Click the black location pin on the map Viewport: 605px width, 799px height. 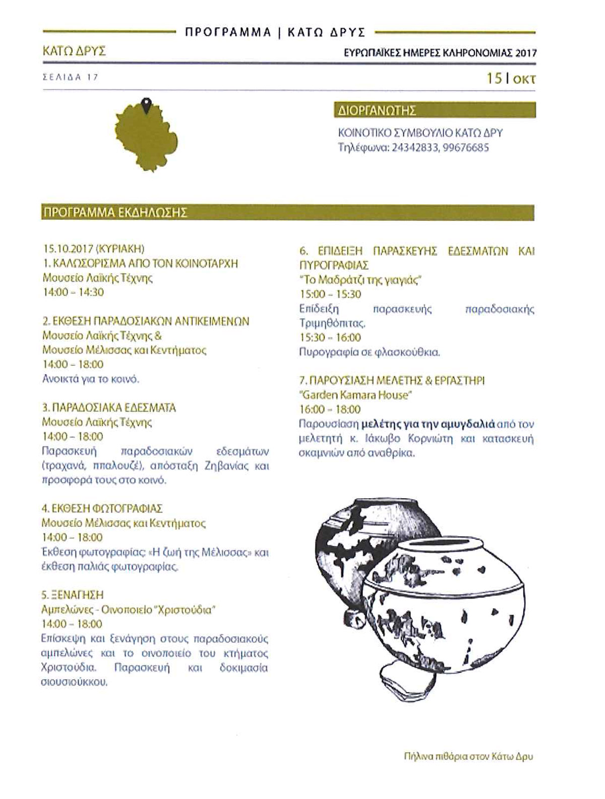(x=147, y=105)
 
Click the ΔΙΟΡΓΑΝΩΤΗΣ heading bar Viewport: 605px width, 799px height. (x=435, y=110)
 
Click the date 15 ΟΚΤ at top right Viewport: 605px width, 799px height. (x=510, y=79)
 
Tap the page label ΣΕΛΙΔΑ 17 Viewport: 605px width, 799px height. (x=70, y=77)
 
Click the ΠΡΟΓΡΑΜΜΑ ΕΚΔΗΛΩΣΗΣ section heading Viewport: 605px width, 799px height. (x=115, y=213)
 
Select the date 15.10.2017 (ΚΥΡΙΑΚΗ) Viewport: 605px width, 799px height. (x=94, y=248)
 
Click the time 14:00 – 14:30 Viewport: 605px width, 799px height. (x=73, y=292)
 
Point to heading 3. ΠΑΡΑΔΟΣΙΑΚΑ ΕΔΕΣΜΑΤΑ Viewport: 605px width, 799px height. (x=109, y=408)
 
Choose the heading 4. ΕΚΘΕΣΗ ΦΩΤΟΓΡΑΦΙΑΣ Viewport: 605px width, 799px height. (x=102, y=508)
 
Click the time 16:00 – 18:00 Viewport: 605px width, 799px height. (x=330, y=410)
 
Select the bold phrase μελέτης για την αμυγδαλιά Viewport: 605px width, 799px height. (x=429, y=424)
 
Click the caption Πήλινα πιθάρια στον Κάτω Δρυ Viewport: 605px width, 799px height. (x=468, y=757)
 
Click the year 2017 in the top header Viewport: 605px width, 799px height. (x=526, y=52)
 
